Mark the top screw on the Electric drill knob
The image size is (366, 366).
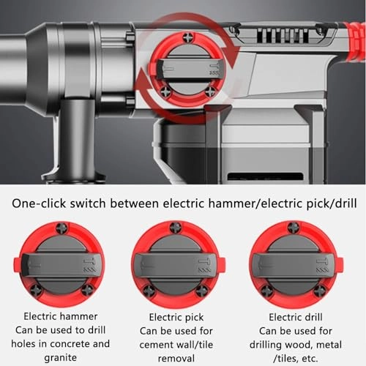pos(293,228)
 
